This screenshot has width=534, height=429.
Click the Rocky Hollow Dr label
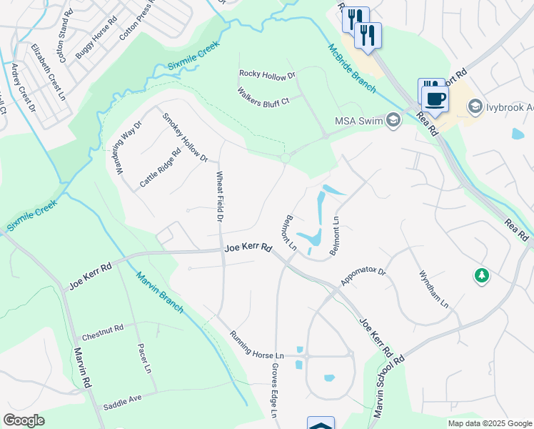click(267, 74)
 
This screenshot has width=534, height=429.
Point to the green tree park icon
click(483, 275)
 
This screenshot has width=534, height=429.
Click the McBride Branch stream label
click(352, 68)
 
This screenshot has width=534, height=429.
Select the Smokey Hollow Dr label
click(185, 137)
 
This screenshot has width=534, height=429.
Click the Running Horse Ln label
click(257, 345)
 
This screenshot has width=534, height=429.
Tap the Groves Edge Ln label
click(274, 390)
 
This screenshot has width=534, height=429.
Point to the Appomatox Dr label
click(363, 277)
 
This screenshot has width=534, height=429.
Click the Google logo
click(24, 420)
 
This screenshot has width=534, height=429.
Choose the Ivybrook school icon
click(475, 107)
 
